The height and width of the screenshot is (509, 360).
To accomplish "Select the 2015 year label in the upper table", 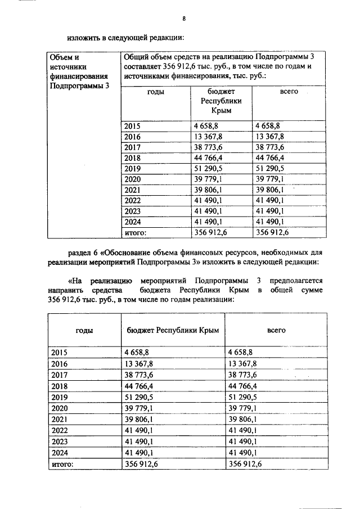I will pos(134,127).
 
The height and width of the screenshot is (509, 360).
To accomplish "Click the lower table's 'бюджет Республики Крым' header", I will pos(171,330).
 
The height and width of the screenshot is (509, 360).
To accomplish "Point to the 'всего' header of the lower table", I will pos(276,330).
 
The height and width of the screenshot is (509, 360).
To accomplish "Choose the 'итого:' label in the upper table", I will pos(136,231).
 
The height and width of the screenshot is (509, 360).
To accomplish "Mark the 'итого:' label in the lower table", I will pos(62,464).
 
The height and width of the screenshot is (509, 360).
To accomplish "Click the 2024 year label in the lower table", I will pos(59,453).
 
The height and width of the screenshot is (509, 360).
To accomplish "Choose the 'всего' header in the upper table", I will pos(289,91).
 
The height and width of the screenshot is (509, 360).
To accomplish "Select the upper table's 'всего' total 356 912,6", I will pos(273,231).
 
